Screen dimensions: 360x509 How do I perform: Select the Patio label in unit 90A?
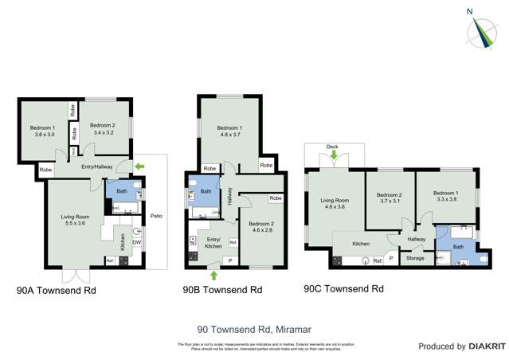[156, 215]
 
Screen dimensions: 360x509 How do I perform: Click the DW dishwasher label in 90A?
[136, 243]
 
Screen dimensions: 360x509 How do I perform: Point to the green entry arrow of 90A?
[140, 166]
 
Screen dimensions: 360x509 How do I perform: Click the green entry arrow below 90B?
[213, 276]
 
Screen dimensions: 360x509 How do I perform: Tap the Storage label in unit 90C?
[415, 257]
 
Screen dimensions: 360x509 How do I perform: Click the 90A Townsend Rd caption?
[56, 291]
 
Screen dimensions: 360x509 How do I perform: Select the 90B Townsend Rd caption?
[222, 291]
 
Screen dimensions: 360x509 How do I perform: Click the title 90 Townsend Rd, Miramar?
[253, 328]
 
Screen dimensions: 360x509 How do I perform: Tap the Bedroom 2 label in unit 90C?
[389, 194]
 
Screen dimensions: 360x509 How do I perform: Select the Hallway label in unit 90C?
[416, 239]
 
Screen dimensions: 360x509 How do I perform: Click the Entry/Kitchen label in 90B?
[214, 243]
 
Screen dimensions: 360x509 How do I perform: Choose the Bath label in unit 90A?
[122, 191]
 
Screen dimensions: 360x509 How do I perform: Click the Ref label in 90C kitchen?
[378, 260]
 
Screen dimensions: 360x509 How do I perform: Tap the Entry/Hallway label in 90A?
[98, 166]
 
